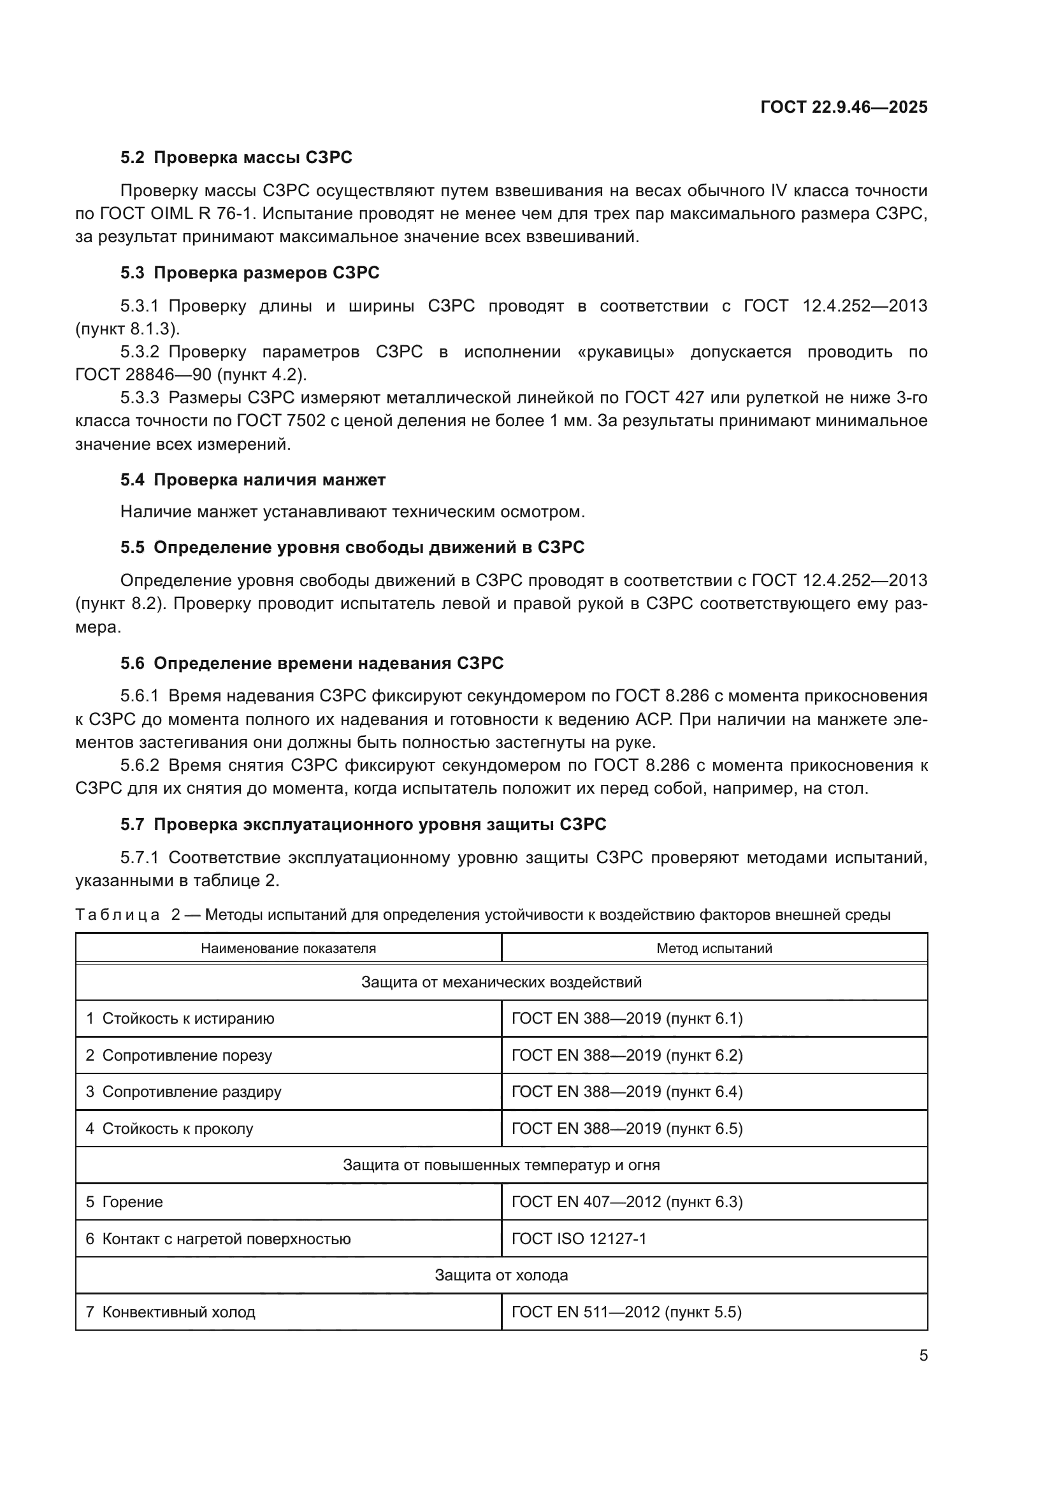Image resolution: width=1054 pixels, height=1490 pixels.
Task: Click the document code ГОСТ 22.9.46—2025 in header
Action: (x=844, y=107)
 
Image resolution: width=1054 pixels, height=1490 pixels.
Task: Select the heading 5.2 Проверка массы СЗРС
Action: (x=236, y=158)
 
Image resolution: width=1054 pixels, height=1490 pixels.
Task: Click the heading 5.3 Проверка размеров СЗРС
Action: (x=250, y=273)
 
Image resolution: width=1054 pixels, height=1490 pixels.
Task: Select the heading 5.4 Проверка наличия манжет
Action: (x=253, y=480)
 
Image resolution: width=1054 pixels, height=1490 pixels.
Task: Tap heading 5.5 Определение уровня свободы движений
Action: (x=352, y=548)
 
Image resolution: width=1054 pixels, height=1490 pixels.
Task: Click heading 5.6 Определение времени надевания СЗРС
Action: (x=312, y=663)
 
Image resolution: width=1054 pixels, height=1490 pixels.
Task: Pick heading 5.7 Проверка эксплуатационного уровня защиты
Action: (x=363, y=825)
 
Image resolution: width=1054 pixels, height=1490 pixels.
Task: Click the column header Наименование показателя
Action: (x=288, y=948)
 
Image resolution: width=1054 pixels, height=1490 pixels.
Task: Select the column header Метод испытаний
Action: (x=714, y=948)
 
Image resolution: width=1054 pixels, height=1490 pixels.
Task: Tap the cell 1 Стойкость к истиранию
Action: (x=180, y=1019)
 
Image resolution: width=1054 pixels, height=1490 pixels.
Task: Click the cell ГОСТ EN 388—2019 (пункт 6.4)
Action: (x=627, y=1092)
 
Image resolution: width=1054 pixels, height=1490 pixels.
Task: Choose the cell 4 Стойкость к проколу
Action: (x=170, y=1129)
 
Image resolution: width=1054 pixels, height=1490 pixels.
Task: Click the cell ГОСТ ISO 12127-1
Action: (x=579, y=1239)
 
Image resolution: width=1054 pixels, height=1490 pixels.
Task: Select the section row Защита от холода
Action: (x=501, y=1275)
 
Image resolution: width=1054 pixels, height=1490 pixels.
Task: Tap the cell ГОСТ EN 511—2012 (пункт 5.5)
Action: (x=626, y=1312)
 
